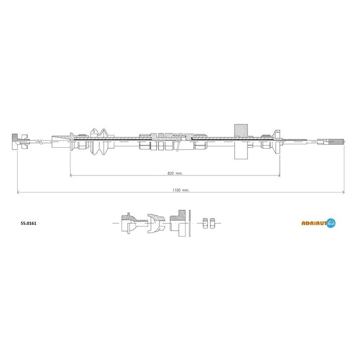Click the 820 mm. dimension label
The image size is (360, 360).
[175, 173]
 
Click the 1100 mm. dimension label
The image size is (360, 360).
[181, 190]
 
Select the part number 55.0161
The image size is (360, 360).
[29, 223]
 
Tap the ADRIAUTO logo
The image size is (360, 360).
[319, 223]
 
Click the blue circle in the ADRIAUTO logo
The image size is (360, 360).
[331, 223]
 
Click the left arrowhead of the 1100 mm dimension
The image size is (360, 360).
[19, 192]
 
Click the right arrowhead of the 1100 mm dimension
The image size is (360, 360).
[342, 192]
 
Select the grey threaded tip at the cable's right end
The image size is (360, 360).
[336, 142]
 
